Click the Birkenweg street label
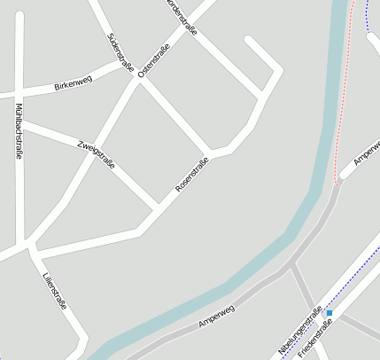pyautogui.click(x=73, y=85)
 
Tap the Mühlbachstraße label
pyautogui.click(x=19, y=131)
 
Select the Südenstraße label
pyautogui.click(x=120, y=51)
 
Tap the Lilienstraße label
pyautogui.click(x=54, y=291)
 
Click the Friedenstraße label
pyautogui.click(x=315, y=339)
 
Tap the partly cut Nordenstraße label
pyautogui.click(x=181, y=16)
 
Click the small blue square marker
pyautogui.click(x=330, y=313)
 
